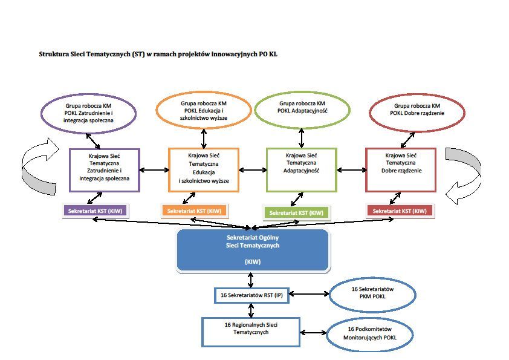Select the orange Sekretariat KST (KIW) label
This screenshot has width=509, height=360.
point(194,211)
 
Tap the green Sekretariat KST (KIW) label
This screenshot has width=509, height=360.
point(296,213)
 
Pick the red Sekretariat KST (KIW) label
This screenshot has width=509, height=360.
point(400,211)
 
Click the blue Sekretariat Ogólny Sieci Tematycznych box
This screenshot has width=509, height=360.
point(252,249)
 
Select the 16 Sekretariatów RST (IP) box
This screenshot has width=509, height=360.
point(251,296)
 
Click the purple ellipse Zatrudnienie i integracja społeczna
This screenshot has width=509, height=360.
point(89,113)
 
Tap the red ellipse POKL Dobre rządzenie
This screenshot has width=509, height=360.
point(417,111)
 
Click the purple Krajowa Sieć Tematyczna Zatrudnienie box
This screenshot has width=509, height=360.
point(104,170)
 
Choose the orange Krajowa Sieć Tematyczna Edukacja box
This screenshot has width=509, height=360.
point(203,170)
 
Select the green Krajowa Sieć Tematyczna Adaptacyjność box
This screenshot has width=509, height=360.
point(301,169)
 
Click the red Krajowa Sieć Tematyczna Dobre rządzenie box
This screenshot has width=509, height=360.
point(401,169)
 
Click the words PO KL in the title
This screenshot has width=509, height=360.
point(268,54)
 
